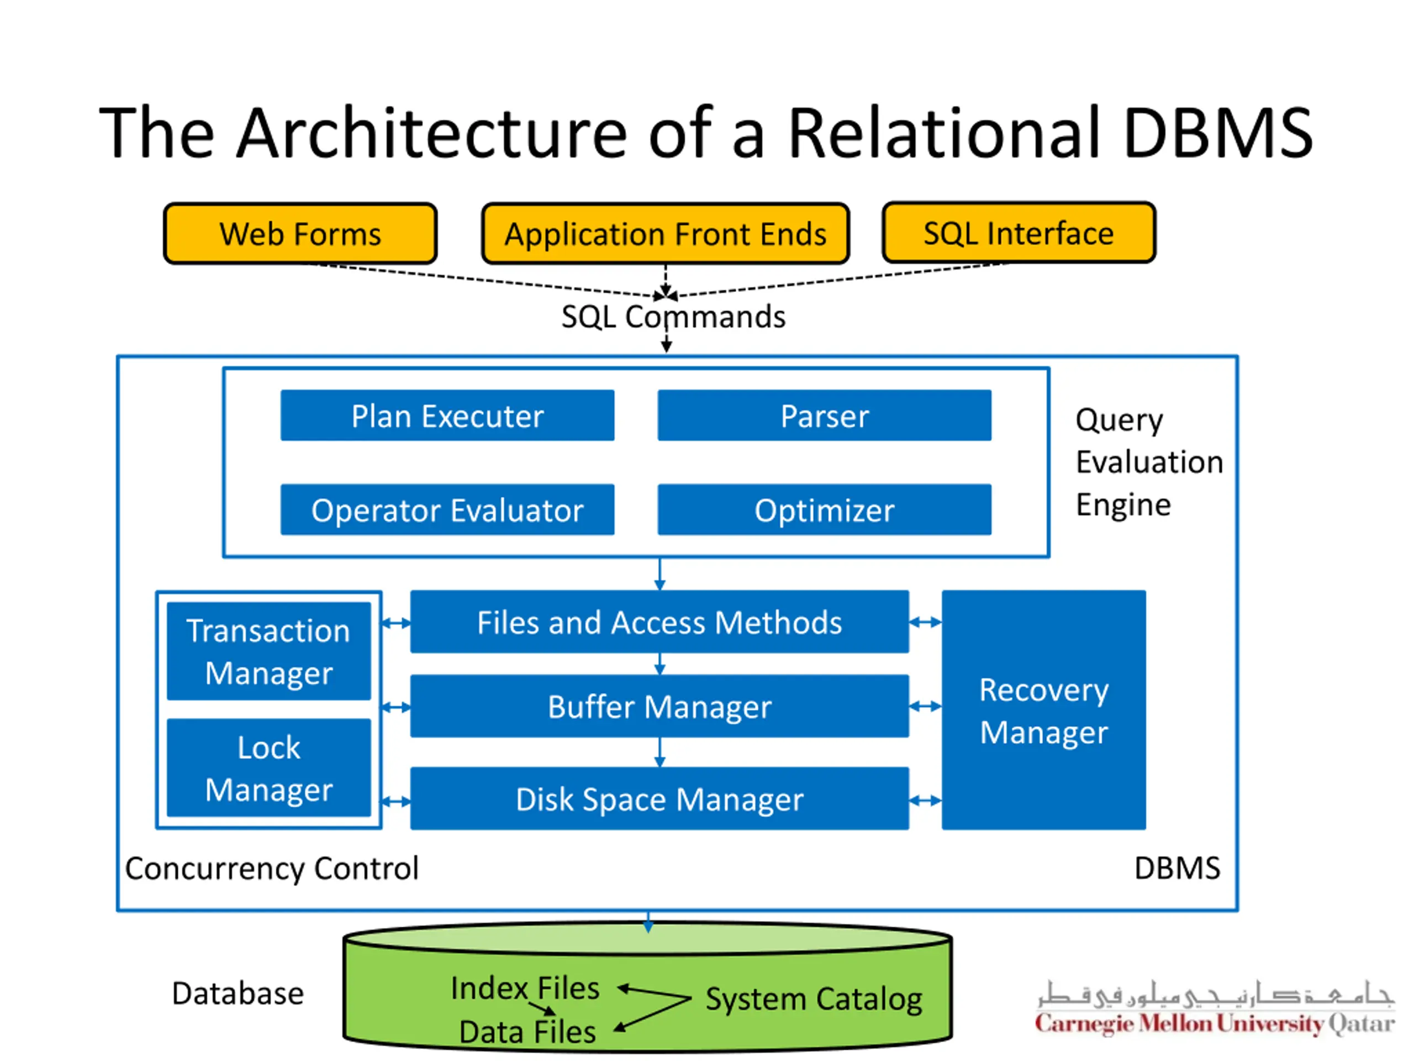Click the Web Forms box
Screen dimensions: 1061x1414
click(x=300, y=233)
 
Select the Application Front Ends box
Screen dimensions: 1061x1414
click(x=665, y=233)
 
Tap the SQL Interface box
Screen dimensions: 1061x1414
click(x=1019, y=233)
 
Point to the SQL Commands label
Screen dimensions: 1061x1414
click(x=673, y=317)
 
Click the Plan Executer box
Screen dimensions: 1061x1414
click(x=447, y=416)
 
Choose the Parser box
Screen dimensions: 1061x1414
click(x=824, y=416)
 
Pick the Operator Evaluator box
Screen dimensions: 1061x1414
click(x=447, y=510)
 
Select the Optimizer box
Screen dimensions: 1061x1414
click(x=824, y=510)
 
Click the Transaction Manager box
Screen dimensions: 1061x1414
click(x=268, y=651)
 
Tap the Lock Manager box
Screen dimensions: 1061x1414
click(x=268, y=768)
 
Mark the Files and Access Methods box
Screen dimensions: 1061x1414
click(x=659, y=622)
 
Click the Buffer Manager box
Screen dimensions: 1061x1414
click(x=659, y=706)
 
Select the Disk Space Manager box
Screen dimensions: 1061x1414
click(x=659, y=799)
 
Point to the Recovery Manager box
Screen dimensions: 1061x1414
click(x=1043, y=710)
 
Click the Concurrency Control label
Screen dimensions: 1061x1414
click(x=272, y=868)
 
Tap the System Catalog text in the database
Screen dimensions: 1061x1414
click(x=813, y=999)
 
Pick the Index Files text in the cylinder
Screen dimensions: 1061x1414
click(x=524, y=988)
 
